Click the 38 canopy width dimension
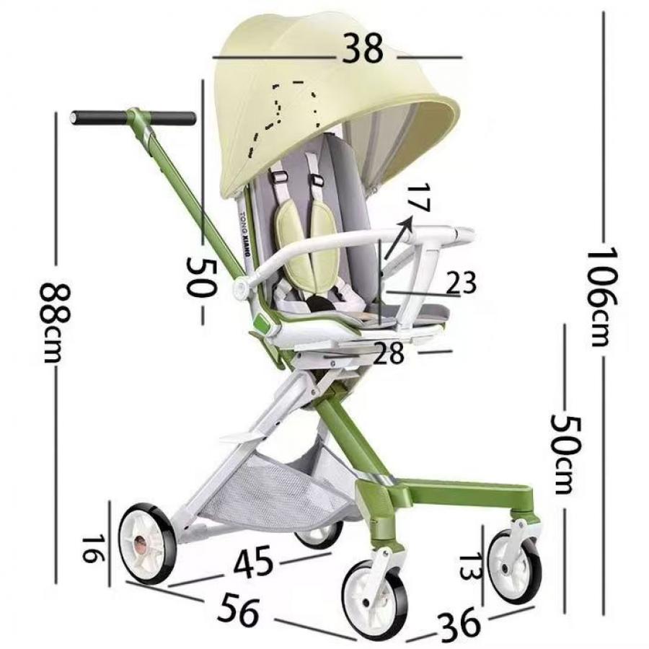(x=363, y=49)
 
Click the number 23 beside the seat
(x=461, y=283)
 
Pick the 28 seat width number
(x=388, y=353)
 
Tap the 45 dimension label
(x=253, y=562)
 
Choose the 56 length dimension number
(x=239, y=609)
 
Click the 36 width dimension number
(x=458, y=624)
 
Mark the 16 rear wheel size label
(x=91, y=549)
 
